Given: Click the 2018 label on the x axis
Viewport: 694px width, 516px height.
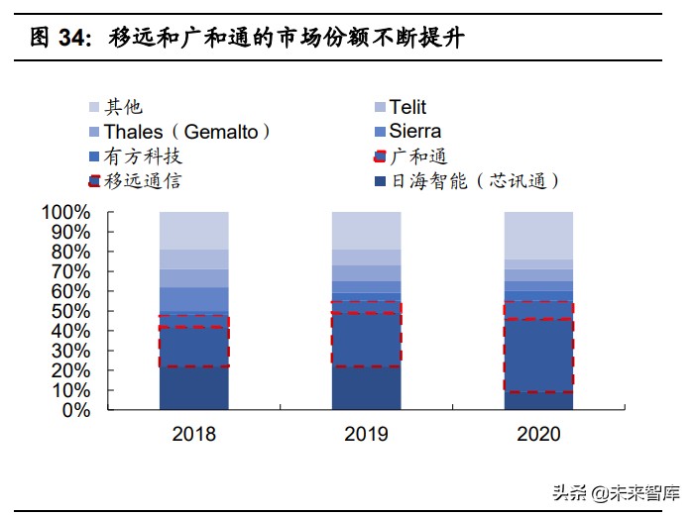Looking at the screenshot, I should [193, 434].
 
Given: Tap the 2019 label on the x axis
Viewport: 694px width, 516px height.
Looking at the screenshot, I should [366, 434].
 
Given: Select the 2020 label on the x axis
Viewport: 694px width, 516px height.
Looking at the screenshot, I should [538, 434].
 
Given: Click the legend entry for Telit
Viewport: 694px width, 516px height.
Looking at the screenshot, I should [407, 107].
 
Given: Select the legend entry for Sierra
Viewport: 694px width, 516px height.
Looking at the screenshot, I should [414, 131].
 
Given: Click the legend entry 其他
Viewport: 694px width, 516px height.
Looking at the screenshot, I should [124, 107].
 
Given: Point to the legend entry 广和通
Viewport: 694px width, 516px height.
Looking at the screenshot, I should [417, 155].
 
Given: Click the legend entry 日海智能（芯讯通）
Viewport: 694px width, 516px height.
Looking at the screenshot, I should [475, 180].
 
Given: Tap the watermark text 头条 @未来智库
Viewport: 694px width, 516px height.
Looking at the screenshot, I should [615, 490].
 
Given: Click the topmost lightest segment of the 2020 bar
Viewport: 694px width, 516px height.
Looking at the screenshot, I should [538, 235].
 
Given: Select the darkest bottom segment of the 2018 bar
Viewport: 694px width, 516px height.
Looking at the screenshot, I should [193, 387].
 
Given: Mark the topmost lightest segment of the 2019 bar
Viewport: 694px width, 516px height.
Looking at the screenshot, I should [366, 230].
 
